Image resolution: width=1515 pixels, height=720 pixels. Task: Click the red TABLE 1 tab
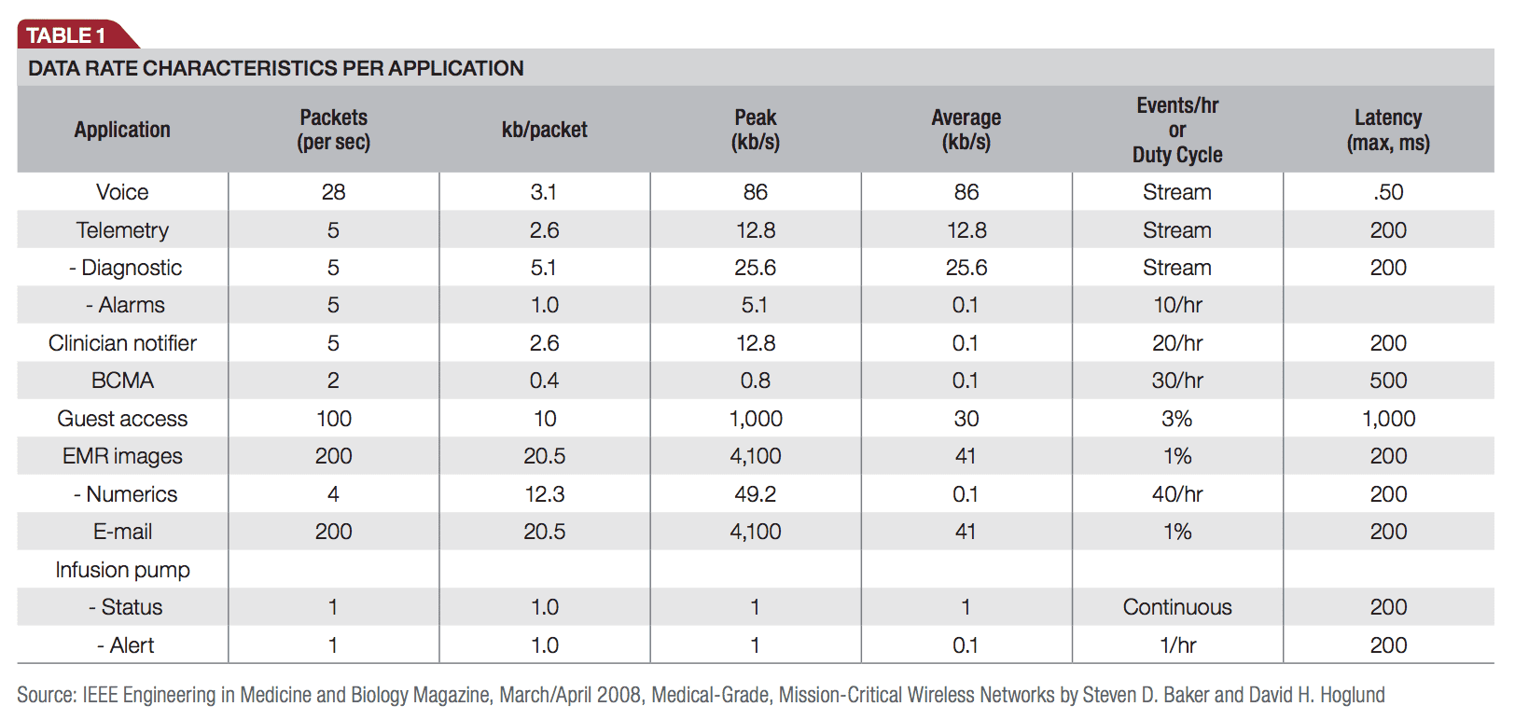coord(67,35)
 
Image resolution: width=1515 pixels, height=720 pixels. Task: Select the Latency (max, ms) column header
coord(1388,130)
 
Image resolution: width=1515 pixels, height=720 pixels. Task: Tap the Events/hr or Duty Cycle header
coord(1177,130)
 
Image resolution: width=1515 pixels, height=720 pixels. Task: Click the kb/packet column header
coord(545,130)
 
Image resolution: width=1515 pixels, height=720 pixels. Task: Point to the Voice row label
coord(122,192)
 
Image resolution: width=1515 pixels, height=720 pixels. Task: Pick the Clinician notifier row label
coord(122,343)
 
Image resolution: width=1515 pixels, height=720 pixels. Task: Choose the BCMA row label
coord(122,381)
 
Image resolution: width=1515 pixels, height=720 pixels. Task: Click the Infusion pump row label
coord(122,570)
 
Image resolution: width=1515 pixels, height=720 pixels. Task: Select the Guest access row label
coord(122,419)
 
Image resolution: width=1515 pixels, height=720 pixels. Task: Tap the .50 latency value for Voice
coord(1388,192)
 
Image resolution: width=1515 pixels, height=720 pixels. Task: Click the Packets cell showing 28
coord(333,192)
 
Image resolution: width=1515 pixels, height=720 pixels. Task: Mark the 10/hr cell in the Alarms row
coord(1177,305)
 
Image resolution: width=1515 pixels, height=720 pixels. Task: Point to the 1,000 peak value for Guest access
coord(756,419)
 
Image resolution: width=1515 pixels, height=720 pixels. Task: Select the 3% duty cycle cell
coord(1177,419)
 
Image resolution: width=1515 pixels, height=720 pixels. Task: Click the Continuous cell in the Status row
coord(1177,607)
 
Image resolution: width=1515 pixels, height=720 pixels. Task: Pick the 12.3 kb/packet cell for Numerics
coord(545,494)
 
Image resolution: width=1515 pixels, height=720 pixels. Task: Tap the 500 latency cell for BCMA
coord(1388,381)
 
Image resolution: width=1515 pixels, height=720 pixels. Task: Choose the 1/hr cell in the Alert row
coord(1177,645)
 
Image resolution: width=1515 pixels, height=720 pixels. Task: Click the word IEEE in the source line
coord(101,695)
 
